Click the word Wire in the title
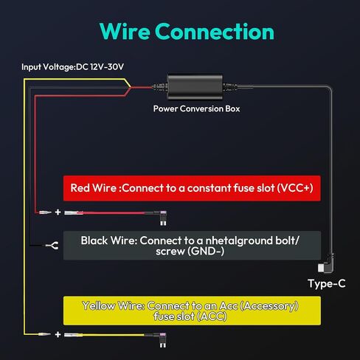click(125, 32)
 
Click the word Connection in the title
click(215, 32)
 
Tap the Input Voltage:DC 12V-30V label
click(72, 67)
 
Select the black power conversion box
click(195, 87)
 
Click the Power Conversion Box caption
click(196, 108)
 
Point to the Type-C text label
click(327, 283)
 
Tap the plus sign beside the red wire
click(58, 212)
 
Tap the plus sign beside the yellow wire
click(58, 334)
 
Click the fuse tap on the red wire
click(163, 218)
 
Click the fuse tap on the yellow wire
click(163, 340)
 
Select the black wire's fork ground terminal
click(52, 246)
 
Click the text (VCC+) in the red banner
click(295, 188)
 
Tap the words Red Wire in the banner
click(93, 188)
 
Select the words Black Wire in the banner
click(109, 240)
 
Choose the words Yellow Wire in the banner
click(114, 305)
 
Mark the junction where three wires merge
click(131, 87)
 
